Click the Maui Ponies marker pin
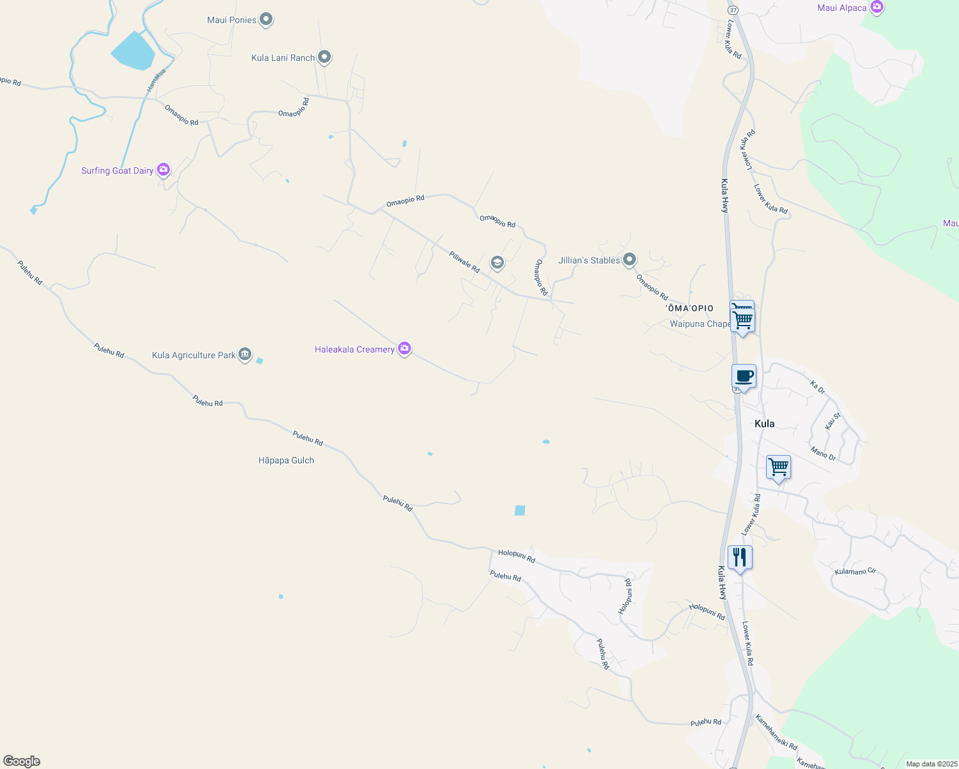click(266, 20)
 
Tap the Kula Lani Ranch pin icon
click(324, 58)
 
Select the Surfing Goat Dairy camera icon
click(163, 170)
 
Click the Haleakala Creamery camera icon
click(404, 349)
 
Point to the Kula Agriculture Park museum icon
click(245, 354)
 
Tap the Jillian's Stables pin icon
click(630, 260)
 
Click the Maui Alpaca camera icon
click(877, 8)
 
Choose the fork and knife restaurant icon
click(740, 557)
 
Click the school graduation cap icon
click(497, 263)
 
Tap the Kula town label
click(764, 424)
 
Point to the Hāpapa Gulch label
click(286, 460)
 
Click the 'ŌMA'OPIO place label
click(690, 308)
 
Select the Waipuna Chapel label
click(699, 324)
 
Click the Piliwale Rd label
click(464, 262)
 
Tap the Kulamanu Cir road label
click(855, 571)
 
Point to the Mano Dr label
click(823, 453)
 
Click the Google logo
click(22, 761)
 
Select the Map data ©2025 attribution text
click(930, 764)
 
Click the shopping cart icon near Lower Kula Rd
click(778, 467)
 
